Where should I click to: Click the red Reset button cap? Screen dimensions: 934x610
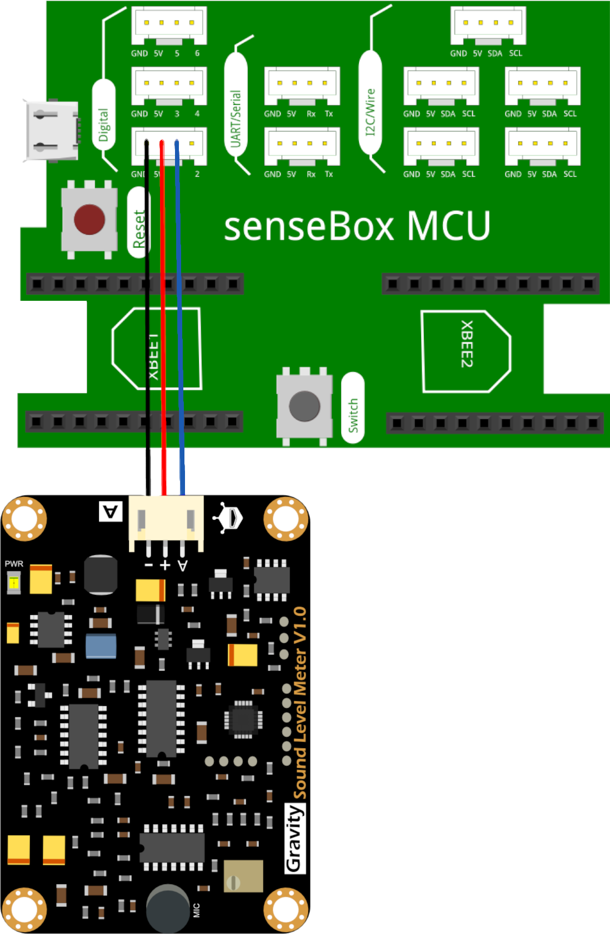click(89, 219)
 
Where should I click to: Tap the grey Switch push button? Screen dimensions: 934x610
click(304, 406)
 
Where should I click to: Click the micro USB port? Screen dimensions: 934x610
click(51, 131)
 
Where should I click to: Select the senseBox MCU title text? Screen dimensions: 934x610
click(357, 226)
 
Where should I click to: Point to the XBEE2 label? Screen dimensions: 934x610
click(467, 344)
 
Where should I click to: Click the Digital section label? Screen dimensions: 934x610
click(104, 124)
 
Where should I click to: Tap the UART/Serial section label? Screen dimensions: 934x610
click(236, 118)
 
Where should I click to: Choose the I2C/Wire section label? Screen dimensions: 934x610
click(371, 112)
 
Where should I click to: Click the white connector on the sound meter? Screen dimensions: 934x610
click(166, 519)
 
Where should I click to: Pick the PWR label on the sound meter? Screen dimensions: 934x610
click(14, 564)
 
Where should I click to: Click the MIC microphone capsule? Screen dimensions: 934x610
click(167, 908)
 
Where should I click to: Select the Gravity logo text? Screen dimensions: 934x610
click(295, 838)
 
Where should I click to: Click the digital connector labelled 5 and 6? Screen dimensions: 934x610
click(169, 26)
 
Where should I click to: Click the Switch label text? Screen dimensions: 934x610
click(353, 415)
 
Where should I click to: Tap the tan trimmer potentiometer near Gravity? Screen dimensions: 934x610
click(243, 876)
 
